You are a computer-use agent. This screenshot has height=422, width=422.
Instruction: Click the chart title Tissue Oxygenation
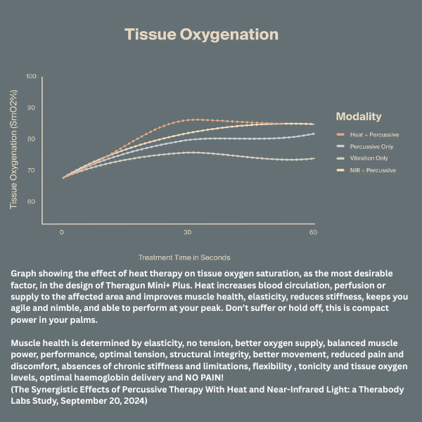pos(201,34)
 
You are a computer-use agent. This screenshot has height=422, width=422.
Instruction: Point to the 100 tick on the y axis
pos(31,76)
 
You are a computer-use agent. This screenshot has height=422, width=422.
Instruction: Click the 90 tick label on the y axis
pos(31,108)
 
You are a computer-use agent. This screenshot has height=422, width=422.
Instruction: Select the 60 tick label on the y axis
pos(31,202)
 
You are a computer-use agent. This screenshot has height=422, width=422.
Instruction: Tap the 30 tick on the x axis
pos(188,232)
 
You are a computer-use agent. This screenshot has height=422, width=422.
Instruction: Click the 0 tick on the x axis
pos(62,232)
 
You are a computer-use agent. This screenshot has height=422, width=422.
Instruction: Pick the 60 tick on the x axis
pos(313,232)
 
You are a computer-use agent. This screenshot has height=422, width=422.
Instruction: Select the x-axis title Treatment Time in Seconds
pos(184,257)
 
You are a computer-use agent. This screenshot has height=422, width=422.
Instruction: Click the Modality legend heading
pos(359,117)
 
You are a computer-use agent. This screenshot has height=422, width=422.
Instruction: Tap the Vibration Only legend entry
pos(370,158)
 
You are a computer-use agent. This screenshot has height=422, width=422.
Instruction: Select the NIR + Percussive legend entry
pos(373,170)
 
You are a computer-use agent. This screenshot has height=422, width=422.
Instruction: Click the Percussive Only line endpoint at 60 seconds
pos(313,134)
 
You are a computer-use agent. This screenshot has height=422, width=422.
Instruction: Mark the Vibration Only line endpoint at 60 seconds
pos(313,158)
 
